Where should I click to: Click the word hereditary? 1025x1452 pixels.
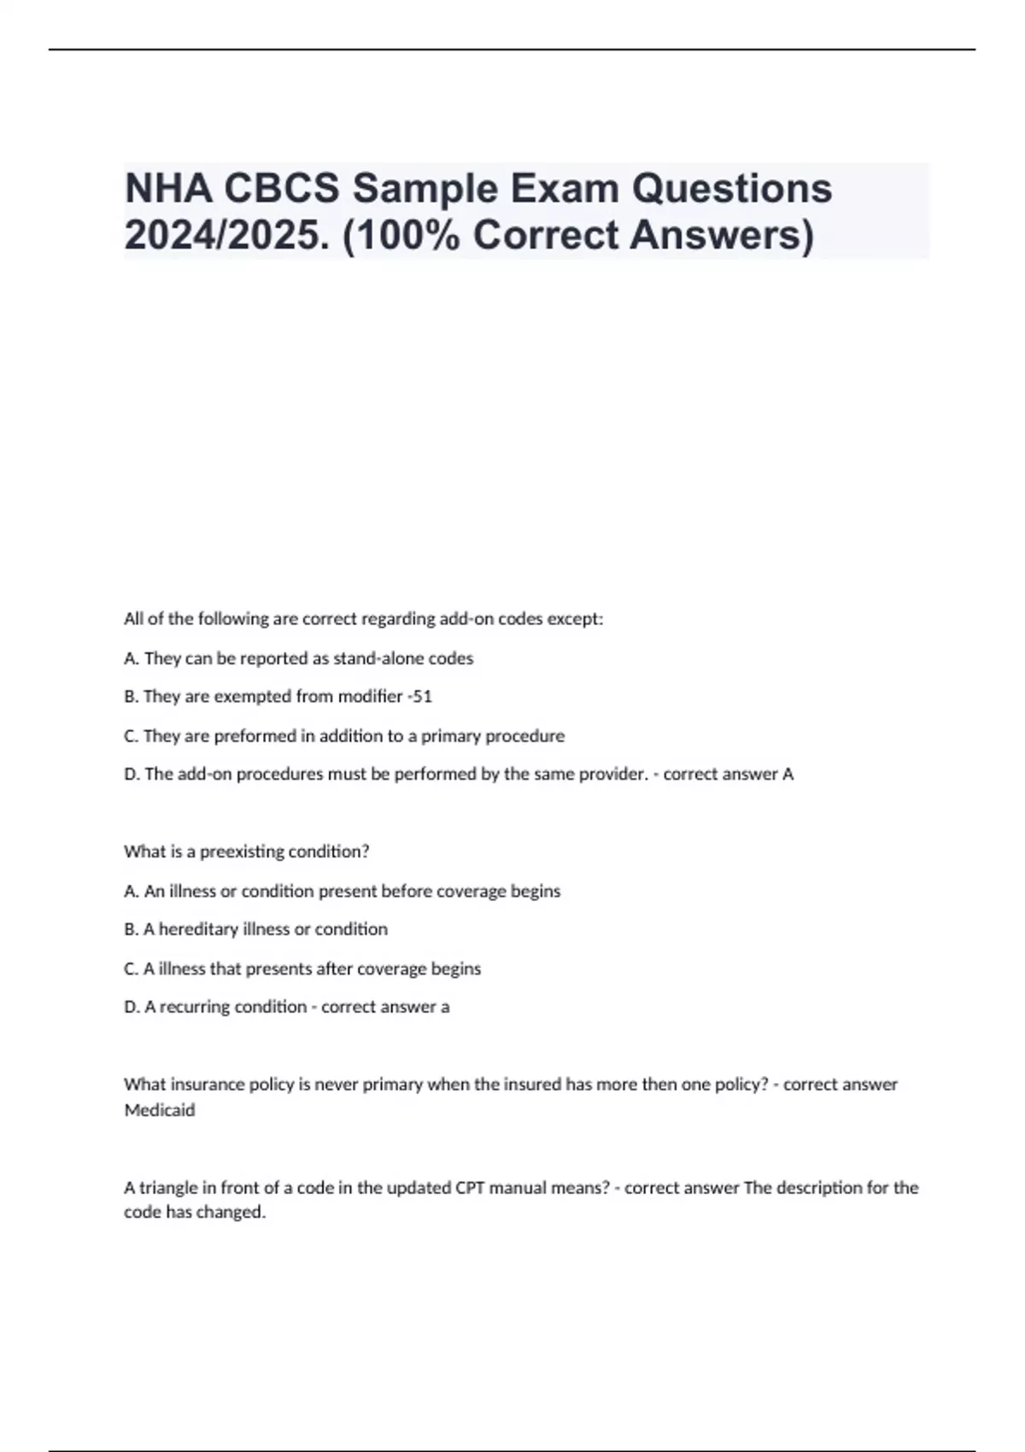click(199, 929)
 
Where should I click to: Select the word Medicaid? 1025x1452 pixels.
click(160, 1110)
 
